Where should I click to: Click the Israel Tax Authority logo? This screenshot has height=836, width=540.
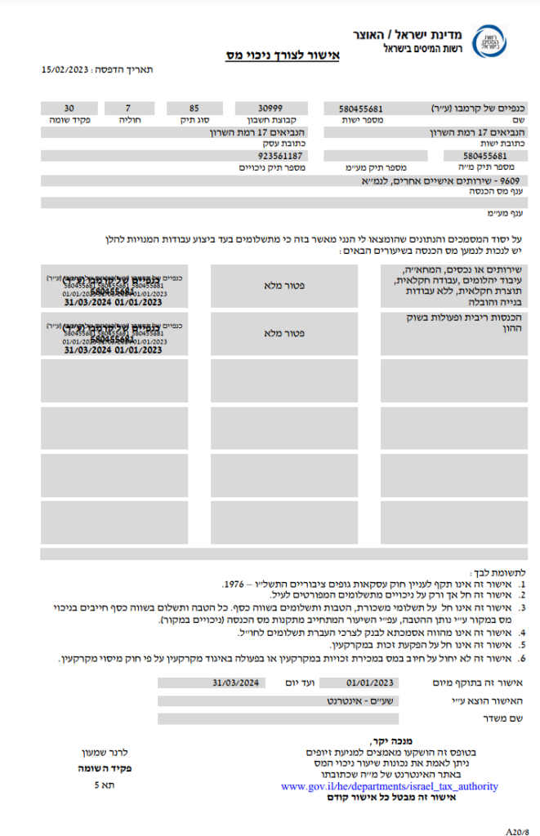[x=489, y=41]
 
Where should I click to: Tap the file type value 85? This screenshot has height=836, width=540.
[x=194, y=109]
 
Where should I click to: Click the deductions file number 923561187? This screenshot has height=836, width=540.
[x=280, y=156]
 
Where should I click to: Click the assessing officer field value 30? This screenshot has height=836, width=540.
[x=69, y=109]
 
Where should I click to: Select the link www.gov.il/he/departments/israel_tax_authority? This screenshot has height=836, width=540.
[x=389, y=786]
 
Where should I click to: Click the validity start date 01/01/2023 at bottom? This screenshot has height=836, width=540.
[x=370, y=683]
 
